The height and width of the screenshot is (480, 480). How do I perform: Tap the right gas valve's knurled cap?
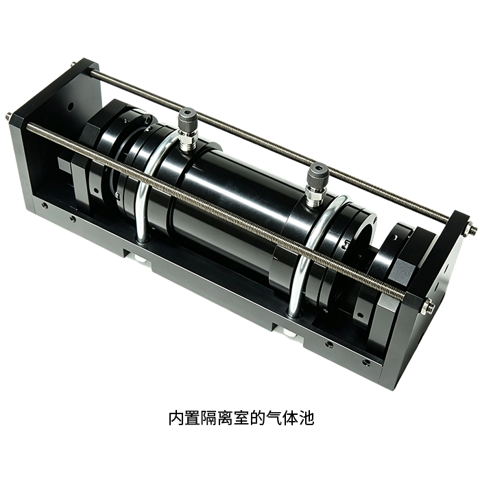click(318, 173)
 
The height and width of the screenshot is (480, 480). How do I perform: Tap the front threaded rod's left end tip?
click(7, 116)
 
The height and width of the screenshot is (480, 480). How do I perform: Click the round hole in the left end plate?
click(71, 107)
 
